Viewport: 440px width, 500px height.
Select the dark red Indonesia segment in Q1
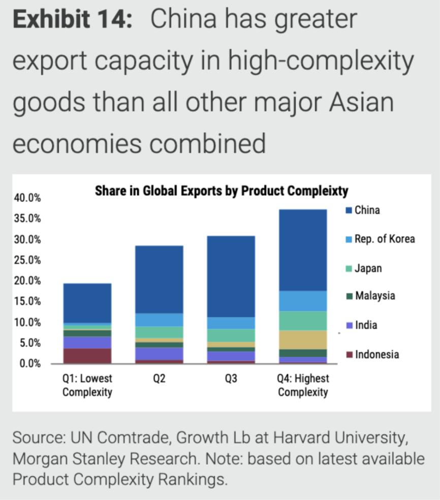87,356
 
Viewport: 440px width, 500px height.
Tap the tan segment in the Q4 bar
303,340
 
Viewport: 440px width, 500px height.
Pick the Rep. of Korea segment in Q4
303,301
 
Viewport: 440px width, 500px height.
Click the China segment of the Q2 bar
159,279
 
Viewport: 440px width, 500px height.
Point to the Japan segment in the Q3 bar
231,335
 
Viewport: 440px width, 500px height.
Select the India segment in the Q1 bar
87,342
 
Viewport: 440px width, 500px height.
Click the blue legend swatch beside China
349,210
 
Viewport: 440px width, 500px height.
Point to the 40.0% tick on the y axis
27,198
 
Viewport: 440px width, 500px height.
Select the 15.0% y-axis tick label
27,301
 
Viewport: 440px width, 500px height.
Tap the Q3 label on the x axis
231,379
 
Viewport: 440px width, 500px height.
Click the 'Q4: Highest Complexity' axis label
303,385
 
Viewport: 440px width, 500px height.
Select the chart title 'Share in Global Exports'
221,191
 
